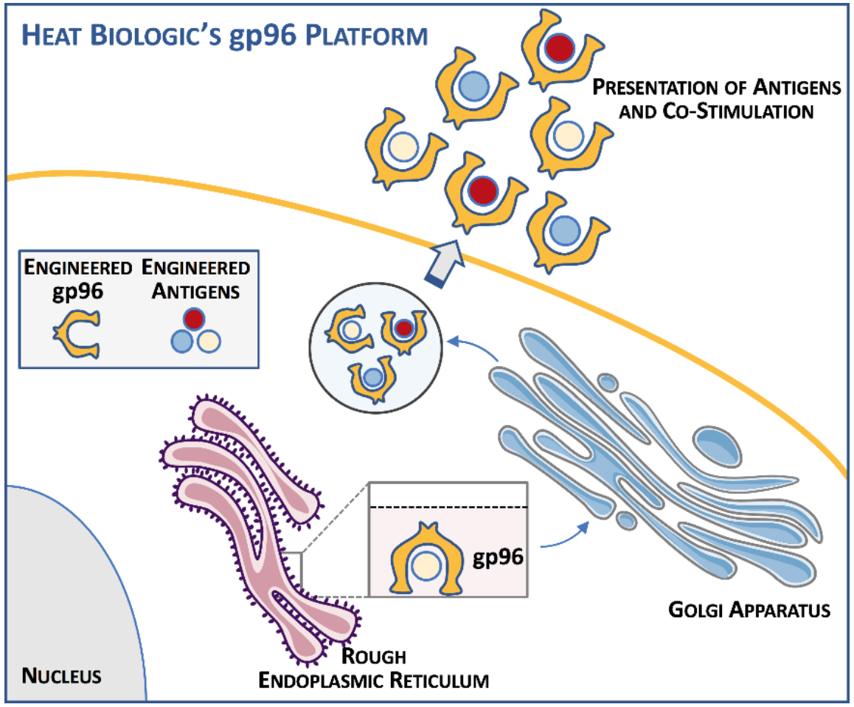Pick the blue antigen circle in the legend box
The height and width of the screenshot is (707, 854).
(x=181, y=340)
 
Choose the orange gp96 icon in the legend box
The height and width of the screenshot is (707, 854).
(x=76, y=331)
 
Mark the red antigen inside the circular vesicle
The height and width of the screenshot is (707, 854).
(x=402, y=328)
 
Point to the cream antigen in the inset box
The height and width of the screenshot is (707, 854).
(x=424, y=566)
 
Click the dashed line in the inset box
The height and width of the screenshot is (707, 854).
(x=447, y=507)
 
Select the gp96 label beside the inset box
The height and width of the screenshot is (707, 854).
(x=498, y=556)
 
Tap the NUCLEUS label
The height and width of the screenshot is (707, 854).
(x=62, y=675)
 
